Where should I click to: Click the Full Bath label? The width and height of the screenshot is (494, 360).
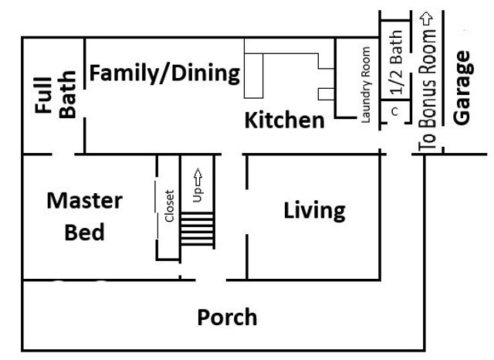click(x=56, y=95)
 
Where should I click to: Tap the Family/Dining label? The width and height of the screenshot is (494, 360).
click(x=164, y=74)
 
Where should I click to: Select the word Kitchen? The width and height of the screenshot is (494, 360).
click(x=285, y=121)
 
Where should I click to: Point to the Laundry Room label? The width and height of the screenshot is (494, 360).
click(x=367, y=84)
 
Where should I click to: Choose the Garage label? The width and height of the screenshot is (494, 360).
click(x=462, y=87)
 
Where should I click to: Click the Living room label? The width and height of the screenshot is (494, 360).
click(x=313, y=210)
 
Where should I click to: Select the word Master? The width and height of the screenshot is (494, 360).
click(x=84, y=201)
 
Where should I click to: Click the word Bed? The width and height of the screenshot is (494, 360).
click(x=84, y=232)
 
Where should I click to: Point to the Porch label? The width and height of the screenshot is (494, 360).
click(x=227, y=317)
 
